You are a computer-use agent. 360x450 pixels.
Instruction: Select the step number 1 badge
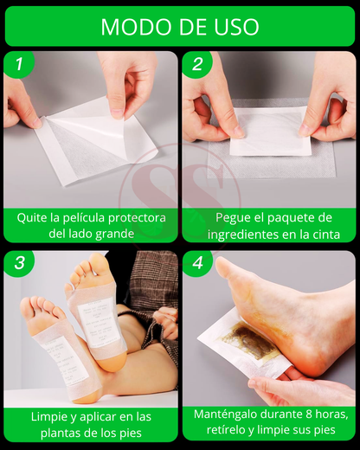click(x=19, y=64)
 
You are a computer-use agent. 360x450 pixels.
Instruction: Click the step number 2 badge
click(x=197, y=64)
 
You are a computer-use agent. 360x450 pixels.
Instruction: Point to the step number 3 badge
click(x=19, y=263)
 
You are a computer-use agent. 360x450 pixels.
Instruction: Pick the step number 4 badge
click(x=197, y=263)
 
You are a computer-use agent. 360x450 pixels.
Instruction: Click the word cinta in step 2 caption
click(x=325, y=235)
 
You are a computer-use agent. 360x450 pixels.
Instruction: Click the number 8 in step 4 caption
click(x=308, y=415)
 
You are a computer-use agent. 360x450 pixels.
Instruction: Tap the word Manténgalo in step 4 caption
click(x=226, y=415)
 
